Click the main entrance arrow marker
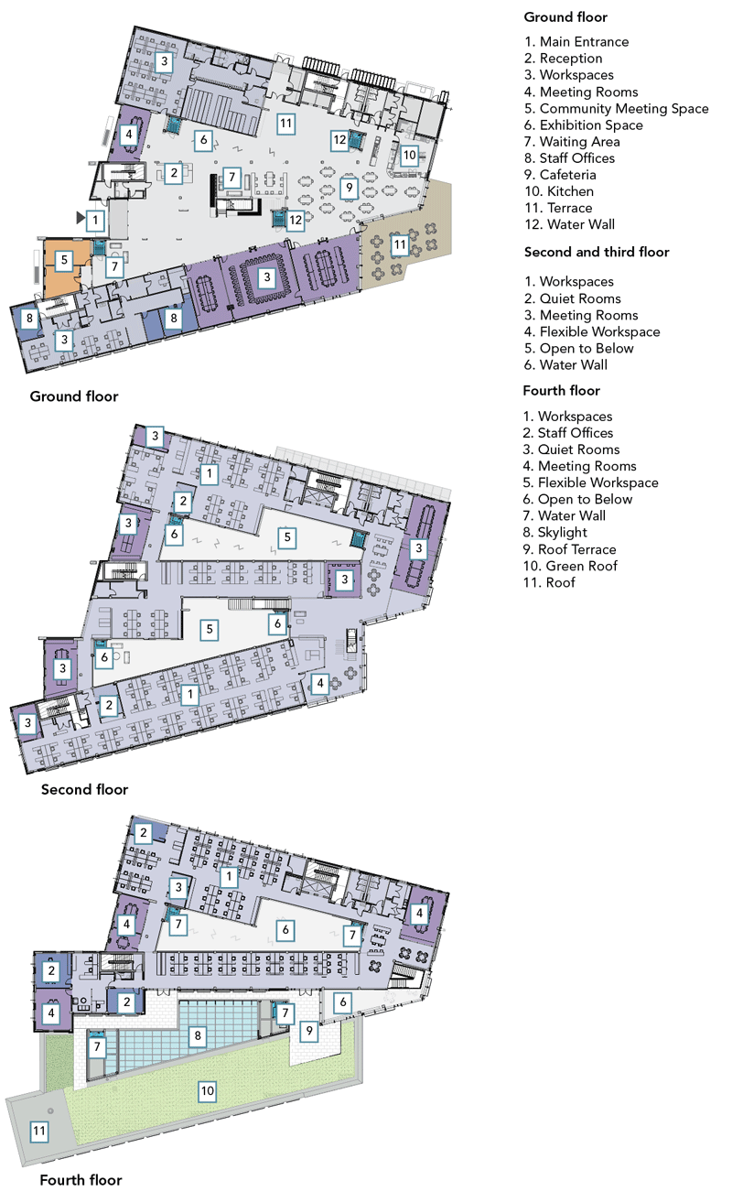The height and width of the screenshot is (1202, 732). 81,217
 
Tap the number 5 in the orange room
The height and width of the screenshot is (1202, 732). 64,261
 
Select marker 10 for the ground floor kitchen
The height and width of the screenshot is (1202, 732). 409,156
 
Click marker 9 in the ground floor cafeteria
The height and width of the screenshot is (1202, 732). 350,188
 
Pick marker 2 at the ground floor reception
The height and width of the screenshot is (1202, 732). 174,173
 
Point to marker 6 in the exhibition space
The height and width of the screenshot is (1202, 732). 203,141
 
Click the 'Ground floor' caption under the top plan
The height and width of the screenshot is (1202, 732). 74,396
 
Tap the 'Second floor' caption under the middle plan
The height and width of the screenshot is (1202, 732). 85,789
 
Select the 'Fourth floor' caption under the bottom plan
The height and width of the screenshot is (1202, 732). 81,1180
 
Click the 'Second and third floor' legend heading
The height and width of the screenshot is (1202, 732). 597,252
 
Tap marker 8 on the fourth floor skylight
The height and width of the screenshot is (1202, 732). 198,1035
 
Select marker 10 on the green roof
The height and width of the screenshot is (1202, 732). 207,1090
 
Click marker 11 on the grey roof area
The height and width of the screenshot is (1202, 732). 39,1132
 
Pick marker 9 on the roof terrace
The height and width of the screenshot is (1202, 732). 309,1030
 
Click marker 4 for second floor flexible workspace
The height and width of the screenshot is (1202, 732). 320,683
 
